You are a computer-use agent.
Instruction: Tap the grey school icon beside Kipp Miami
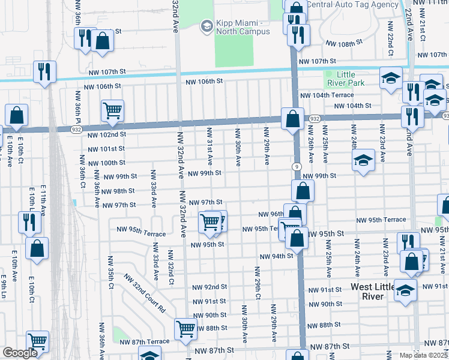click(x=207, y=25)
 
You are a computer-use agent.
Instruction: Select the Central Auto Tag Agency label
click(x=352, y=4)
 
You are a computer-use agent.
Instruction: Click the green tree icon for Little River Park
click(x=330, y=75)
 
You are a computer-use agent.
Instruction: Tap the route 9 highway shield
click(x=297, y=166)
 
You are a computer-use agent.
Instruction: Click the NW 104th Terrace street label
click(x=327, y=95)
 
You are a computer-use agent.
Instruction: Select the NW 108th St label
click(x=344, y=44)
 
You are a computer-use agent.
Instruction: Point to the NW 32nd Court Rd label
click(x=144, y=293)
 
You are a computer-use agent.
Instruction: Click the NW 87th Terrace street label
click(x=144, y=341)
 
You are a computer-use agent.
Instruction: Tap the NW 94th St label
click(x=276, y=256)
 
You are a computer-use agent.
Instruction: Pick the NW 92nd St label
click(x=209, y=287)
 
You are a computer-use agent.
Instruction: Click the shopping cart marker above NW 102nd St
click(x=112, y=111)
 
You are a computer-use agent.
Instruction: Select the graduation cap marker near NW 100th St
click(x=362, y=161)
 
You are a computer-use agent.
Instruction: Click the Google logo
click(x=20, y=353)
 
